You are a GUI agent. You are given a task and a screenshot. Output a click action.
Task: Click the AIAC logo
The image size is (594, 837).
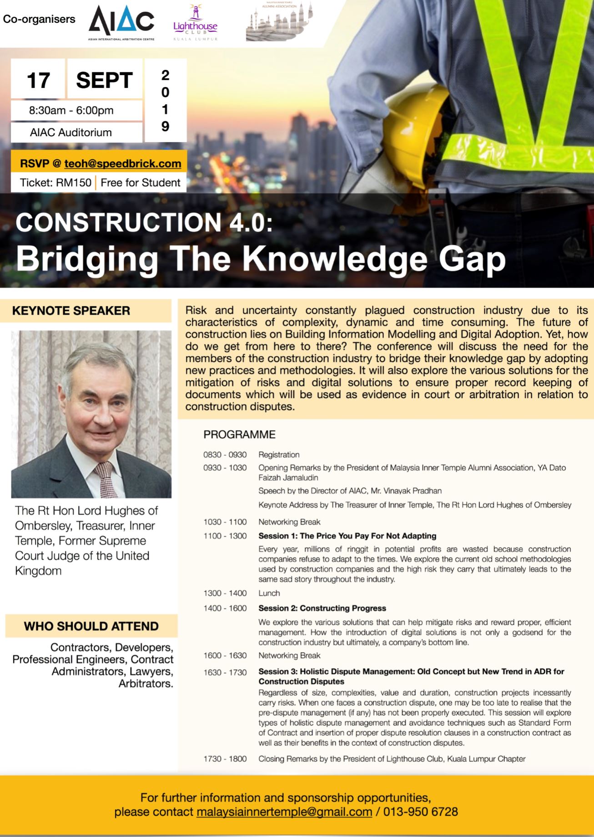click(x=121, y=23)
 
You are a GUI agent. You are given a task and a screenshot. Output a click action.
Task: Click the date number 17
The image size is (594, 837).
click(x=38, y=81)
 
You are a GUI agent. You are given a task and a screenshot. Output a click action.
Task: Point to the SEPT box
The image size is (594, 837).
click(x=105, y=81)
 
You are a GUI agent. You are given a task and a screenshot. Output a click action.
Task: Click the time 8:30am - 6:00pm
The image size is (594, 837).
click(x=71, y=111)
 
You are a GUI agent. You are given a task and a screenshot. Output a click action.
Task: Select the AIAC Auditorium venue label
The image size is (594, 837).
click(x=71, y=133)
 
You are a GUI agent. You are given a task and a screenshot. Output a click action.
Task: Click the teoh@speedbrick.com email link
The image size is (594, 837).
click(x=123, y=163)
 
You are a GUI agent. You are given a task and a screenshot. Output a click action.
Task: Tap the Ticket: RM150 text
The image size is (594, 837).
click(x=55, y=183)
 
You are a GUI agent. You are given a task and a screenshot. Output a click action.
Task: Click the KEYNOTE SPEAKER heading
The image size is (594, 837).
click(x=71, y=311)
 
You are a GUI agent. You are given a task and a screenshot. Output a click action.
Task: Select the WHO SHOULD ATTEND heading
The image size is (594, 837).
click(x=91, y=626)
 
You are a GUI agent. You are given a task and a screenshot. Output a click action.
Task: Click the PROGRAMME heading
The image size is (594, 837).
click(x=239, y=434)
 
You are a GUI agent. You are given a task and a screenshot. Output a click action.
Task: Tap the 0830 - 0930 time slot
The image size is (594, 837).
click(x=225, y=454)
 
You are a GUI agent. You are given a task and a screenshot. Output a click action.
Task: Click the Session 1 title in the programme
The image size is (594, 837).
click(x=347, y=536)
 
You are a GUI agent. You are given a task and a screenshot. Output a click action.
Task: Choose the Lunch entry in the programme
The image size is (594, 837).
click(x=269, y=593)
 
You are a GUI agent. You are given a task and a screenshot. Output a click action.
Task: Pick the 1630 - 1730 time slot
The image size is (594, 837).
click(x=225, y=672)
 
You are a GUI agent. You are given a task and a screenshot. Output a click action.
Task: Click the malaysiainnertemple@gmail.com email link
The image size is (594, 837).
click(x=284, y=811)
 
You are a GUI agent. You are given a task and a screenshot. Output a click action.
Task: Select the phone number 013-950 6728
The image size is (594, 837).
click(x=420, y=811)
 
